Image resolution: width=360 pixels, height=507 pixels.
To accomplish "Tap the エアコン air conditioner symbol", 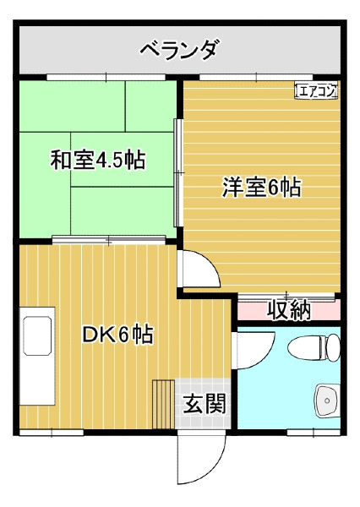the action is point(316,90).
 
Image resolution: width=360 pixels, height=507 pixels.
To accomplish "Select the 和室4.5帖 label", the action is point(98,160).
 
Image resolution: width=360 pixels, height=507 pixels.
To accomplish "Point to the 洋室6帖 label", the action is point(261,187).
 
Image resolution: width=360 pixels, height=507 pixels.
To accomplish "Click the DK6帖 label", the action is point(117,335).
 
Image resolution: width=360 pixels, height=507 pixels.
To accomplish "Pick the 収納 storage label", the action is point(289,310).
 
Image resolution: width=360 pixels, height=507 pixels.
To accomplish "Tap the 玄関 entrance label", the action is point(205,404).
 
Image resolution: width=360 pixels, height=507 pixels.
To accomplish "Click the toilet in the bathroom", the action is point(314,348).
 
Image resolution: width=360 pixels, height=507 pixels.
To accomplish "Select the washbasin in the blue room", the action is point(328,401).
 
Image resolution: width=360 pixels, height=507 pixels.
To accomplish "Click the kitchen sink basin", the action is point(37,335).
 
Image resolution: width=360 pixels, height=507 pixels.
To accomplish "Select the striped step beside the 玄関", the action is point(163,404).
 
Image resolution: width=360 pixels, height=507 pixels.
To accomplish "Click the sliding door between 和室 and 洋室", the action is point(178,172).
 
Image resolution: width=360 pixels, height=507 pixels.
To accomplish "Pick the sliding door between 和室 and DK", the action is point(109,240).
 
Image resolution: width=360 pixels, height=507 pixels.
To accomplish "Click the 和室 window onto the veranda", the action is point(106,77).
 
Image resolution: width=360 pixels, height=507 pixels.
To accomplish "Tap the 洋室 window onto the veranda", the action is point(256,77).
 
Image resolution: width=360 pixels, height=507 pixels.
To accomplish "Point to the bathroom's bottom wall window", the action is point(314,433).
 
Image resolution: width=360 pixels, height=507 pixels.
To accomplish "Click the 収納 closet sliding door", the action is point(286,297).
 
